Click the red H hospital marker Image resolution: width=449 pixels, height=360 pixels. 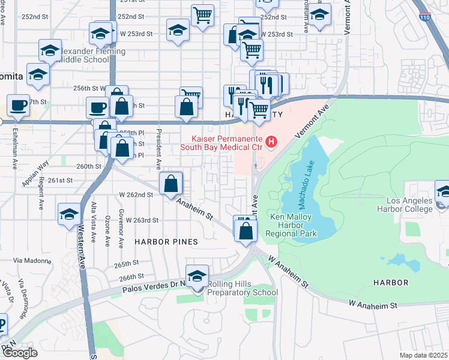pyautogui.click(x=272, y=142)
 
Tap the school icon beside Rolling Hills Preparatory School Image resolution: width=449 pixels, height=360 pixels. pyautogui.click(x=197, y=277)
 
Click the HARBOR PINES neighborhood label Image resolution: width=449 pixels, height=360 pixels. pyautogui.click(x=166, y=242)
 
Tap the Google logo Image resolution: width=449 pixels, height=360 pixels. pyautogui.click(x=20, y=353)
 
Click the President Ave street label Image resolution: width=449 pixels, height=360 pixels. pyautogui.click(x=159, y=149)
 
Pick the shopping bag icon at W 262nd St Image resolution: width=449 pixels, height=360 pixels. pyautogui.click(x=171, y=184)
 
